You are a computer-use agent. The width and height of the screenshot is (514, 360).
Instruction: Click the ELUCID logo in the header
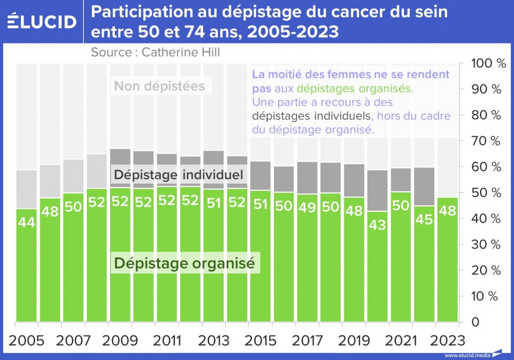[42, 21]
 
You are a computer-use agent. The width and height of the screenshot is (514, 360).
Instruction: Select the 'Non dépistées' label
[159, 86]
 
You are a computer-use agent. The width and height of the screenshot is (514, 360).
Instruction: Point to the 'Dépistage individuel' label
[178, 174]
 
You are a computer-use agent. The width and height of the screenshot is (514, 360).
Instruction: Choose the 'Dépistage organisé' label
[185, 263]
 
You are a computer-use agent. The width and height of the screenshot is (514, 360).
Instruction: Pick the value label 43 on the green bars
[377, 225]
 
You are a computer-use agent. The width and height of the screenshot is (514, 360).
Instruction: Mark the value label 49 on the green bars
[307, 207]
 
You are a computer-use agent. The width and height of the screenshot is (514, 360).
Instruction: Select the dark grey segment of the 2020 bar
[377, 190]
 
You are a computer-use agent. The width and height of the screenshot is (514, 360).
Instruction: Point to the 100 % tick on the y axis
[485, 64]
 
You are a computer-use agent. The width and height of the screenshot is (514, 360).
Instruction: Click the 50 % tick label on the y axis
[485, 193]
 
